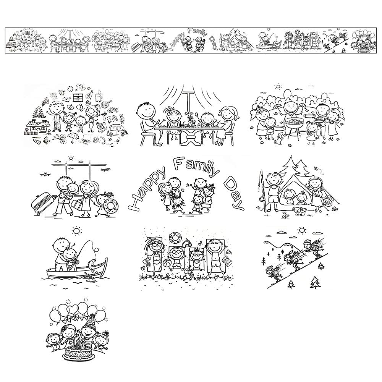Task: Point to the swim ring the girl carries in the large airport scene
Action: pos(111,205)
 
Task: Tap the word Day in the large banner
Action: pos(234,193)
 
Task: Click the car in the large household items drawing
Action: pos(117,131)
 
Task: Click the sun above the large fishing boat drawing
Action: pos(76,231)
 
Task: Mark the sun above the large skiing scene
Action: pos(302,230)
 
